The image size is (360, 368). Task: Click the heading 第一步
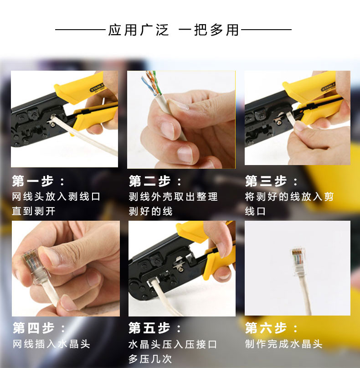tap(33, 181)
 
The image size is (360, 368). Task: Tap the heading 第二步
tap(150, 181)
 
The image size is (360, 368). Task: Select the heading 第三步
tap(266, 181)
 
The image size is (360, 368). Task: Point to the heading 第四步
tap(34, 327)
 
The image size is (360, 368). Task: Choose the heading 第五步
tap(149, 327)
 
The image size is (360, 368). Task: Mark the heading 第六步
tap(266, 327)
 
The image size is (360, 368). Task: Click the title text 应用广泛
tap(139, 30)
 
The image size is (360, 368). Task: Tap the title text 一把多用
tap(209, 30)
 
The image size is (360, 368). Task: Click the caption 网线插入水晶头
tap(51, 344)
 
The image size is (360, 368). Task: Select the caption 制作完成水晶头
tap(284, 344)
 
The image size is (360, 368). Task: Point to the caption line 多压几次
tap(150, 359)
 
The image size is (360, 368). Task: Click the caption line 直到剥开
tap(34, 211)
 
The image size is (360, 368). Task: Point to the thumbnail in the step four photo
tap(51, 256)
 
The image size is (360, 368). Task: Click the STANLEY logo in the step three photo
tap(328, 87)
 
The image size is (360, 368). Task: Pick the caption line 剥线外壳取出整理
tap(173, 197)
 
